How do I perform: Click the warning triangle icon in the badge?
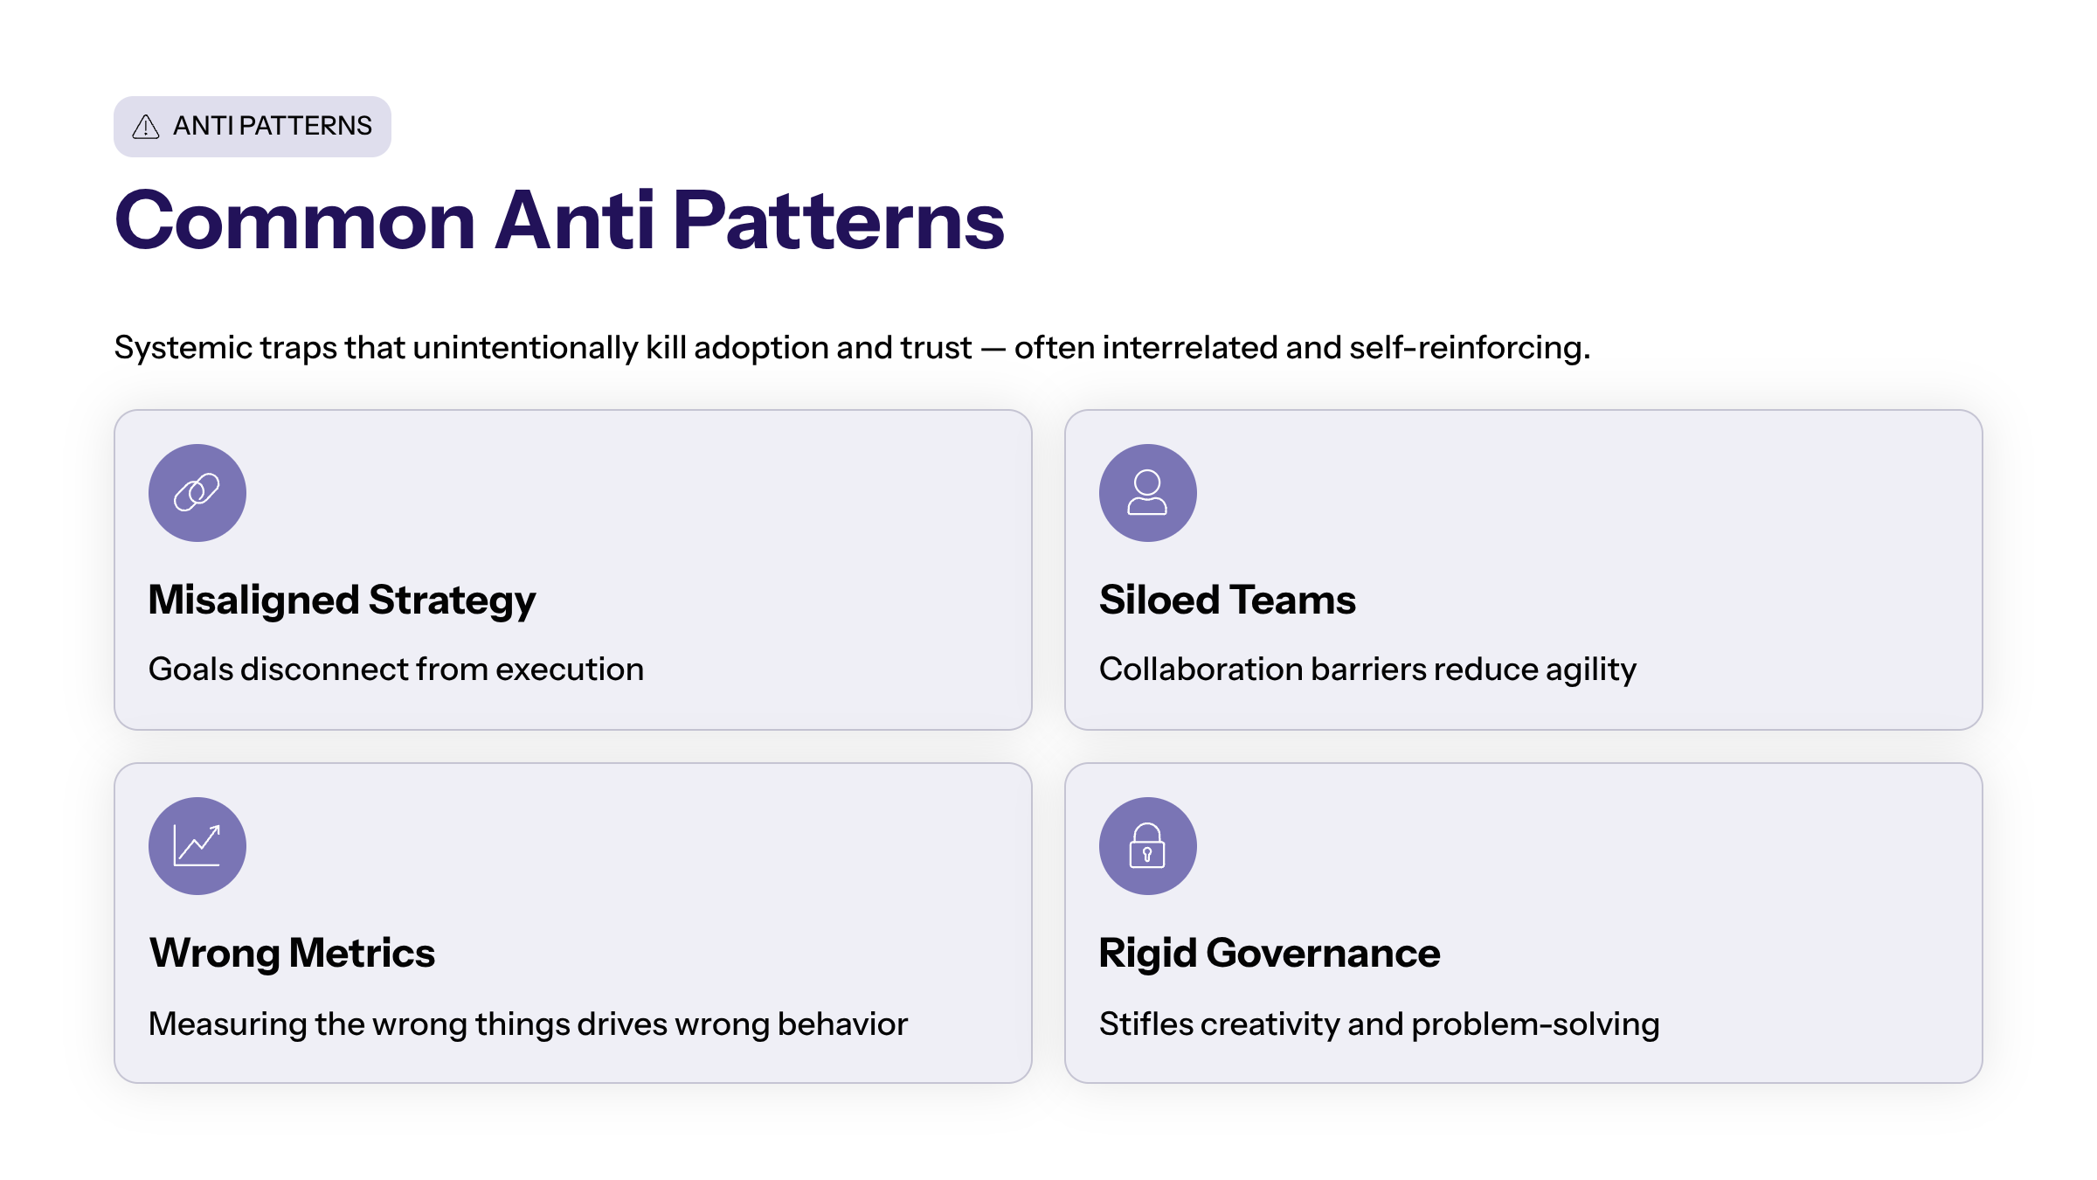(145, 127)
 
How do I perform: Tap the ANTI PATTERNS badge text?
(273, 126)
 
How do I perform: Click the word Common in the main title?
(295, 221)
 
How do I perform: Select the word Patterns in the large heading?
(838, 221)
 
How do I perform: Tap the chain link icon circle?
(197, 493)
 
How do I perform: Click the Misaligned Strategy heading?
(342, 600)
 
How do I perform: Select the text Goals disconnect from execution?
(396, 670)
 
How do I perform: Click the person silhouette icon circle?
(1147, 493)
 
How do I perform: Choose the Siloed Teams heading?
(1227, 600)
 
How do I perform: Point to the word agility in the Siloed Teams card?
(1590, 670)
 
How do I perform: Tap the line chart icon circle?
(197, 846)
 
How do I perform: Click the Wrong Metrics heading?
(292, 953)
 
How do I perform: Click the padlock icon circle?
(1147, 846)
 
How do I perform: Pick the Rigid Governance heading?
(1269, 953)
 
